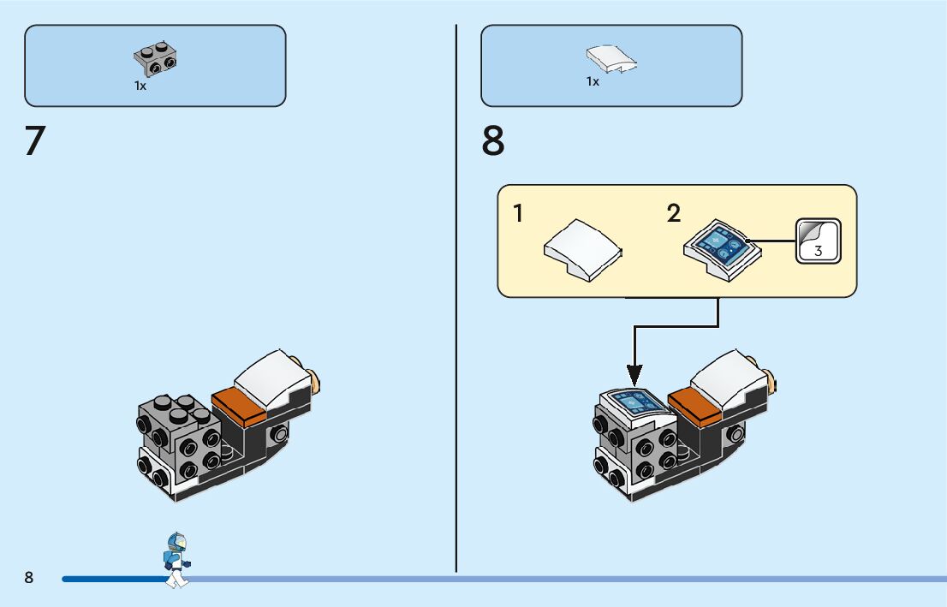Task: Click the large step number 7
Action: coord(35,140)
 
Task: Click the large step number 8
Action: coord(493,140)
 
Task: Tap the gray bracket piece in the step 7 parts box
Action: coord(156,58)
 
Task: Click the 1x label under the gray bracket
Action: coord(140,86)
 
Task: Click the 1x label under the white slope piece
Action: coord(593,81)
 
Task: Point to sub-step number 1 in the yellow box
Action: coord(517,213)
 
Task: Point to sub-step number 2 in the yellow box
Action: coord(673,213)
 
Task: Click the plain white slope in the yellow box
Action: coord(583,250)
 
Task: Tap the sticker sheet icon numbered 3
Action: coord(819,241)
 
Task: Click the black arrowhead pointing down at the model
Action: coord(634,376)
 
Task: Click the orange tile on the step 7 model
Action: coord(239,406)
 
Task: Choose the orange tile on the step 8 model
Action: coord(695,406)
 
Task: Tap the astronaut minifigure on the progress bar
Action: coord(177,560)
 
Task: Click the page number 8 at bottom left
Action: coord(29,577)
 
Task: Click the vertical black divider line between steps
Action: coord(456,299)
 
